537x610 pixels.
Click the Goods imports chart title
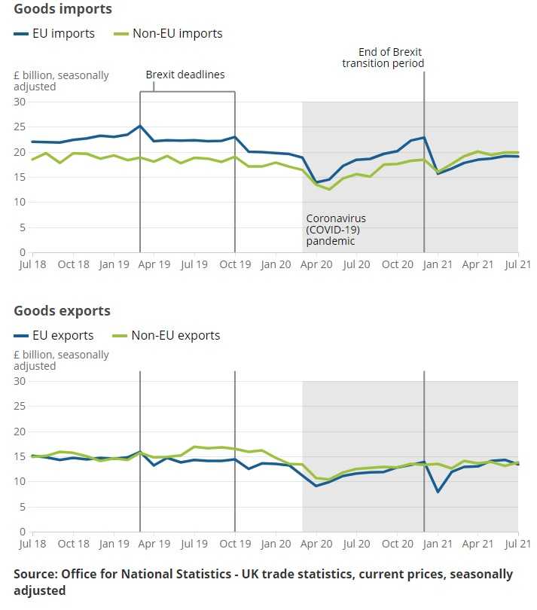63,10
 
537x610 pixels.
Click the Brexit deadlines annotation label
185,75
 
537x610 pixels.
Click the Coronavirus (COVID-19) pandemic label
335,230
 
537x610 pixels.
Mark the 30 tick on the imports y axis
20,102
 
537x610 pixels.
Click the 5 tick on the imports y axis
23,227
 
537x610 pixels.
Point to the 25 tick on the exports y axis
20,406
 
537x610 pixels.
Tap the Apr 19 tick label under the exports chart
154,544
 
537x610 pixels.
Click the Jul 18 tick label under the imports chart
32,264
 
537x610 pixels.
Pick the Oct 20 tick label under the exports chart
397,544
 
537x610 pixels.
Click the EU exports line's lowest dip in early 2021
438,492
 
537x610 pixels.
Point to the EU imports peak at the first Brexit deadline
140,126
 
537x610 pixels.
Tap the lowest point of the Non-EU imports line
329,189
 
